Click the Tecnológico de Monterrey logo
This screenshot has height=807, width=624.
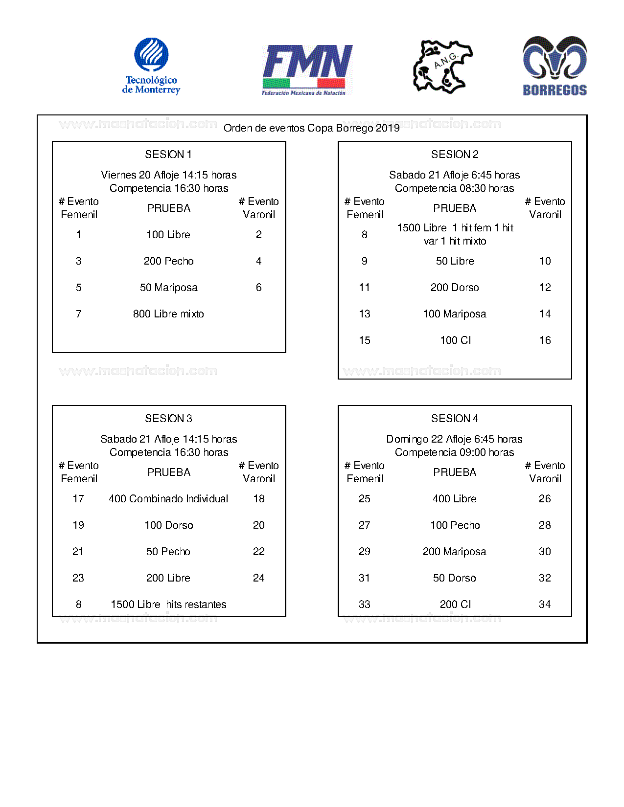pos(151,66)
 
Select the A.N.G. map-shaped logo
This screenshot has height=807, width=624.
pos(442,67)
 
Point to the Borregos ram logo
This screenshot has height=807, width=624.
pos(555,66)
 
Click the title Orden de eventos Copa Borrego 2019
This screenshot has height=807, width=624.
pos(311,128)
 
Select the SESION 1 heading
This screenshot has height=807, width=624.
pos(168,155)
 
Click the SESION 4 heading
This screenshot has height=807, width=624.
pos(455,419)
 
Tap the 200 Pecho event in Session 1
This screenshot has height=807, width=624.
pos(168,261)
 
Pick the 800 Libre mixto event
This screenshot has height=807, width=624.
pos(168,314)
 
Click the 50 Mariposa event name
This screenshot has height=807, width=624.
pos(168,288)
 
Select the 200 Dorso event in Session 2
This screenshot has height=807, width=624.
pos(455,288)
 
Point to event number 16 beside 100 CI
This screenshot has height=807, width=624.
pos(545,340)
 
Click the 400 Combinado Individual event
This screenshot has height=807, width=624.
pos(168,499)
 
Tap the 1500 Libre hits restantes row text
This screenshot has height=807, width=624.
pos(168,605)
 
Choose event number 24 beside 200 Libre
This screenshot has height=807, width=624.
pos(258,578)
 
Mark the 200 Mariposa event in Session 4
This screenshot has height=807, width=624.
pos(455,552)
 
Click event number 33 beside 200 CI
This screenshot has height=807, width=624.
pos(365,605)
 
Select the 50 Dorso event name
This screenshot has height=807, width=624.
pos(455,578)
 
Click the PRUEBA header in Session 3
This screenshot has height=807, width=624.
pos(169,472)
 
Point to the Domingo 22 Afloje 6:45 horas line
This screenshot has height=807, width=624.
pos(455,439)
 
